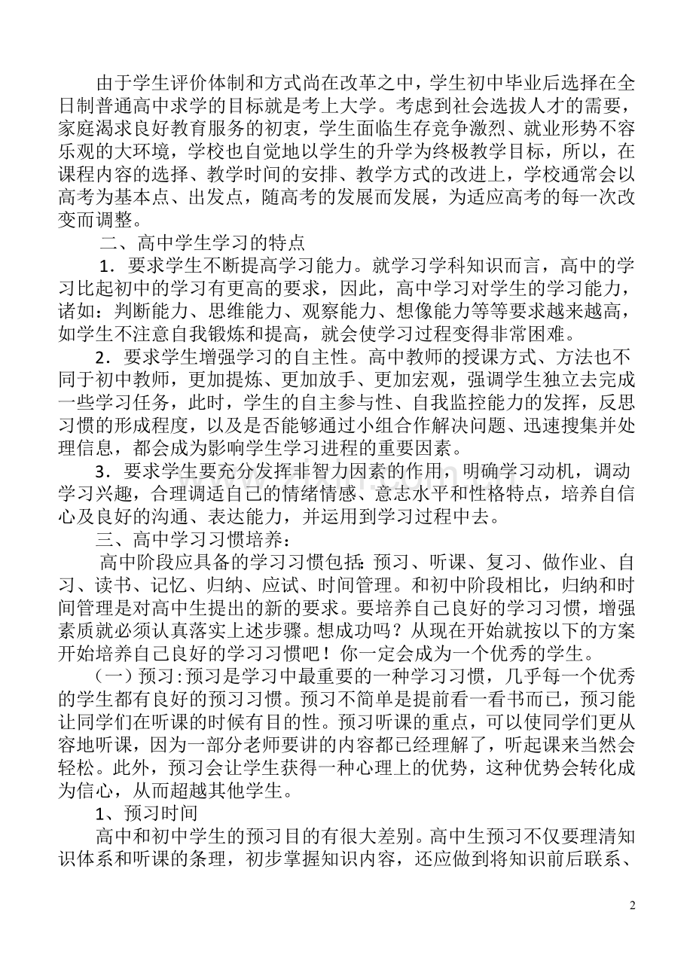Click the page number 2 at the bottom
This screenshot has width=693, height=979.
[633, 905]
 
